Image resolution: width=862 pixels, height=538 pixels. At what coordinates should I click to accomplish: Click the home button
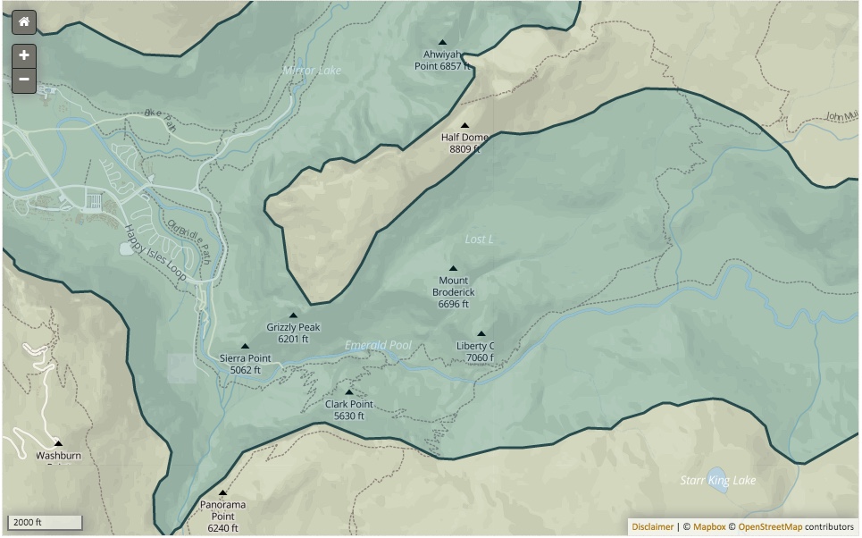pyautogui.click(x=24, y=22)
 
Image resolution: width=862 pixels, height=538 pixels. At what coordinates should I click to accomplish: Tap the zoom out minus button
pyautogui.click(x=24, y=80)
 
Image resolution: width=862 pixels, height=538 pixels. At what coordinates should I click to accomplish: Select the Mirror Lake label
pyautogui.click(x=312, y=70)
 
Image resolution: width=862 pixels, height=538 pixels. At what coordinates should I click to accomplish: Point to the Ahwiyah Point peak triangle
pyautogui.click(x=442, y=42)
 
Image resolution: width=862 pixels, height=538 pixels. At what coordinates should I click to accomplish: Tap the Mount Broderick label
pyautogui.click(x=454, y=292)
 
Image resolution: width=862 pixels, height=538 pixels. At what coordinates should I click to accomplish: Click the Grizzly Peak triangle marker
pyautogui.click(x=293, y=315)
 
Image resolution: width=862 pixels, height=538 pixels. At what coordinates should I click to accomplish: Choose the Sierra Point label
pyautogui.click(x=245, y=364)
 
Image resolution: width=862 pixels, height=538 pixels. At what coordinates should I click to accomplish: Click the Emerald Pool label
pyautogui.click(x=378, y=345)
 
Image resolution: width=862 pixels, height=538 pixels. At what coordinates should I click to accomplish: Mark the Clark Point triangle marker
pyautogui.click(x=349, y=392)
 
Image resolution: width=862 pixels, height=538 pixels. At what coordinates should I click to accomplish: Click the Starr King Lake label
pyautogui.click(x=718, y=481)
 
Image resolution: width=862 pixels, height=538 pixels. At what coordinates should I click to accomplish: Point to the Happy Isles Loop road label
pyautogui.click(x=155, y=253)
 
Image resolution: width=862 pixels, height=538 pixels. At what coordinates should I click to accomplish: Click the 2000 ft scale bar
pyautogui.click(x=46, y=522)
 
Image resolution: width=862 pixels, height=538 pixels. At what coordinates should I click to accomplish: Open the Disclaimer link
pyautogui.click(x=652, y=527)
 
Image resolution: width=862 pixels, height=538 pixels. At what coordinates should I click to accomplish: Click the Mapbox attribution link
pyautogui.click(x=709, y=527)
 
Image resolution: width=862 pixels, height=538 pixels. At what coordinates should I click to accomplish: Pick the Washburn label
pyautogui.click(x=58, y=456)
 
